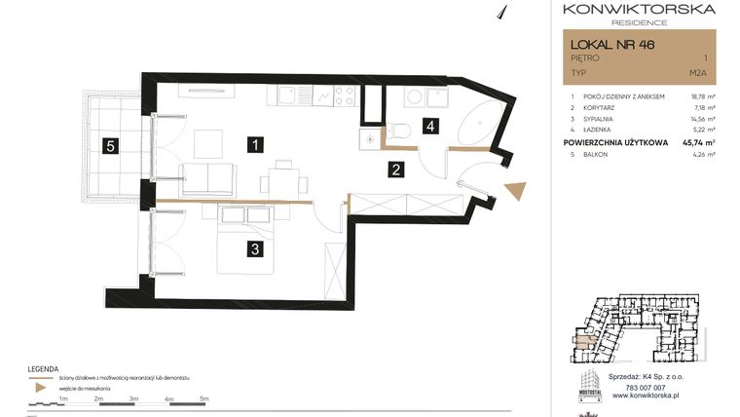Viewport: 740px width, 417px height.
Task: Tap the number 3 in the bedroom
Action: (254, 249)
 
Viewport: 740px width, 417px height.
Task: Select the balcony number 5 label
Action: (111, 146)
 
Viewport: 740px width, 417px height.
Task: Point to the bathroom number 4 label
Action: (429, 125)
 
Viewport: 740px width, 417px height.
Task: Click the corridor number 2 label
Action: (396, 170)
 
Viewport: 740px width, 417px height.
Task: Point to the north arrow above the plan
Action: (503, 11)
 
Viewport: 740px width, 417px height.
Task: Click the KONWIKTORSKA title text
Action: (639, 9)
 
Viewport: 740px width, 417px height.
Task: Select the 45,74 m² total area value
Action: (696, 142)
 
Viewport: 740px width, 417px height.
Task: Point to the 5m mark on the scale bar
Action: (203, 398)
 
